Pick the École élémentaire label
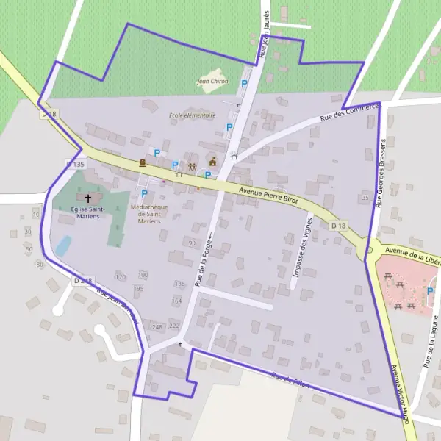click(x=192, y=115)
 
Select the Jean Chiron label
click(x=212, y=82)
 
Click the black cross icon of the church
click(x=89, y=198)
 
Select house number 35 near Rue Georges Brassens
click(x=365, y=198)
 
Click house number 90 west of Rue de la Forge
click(x=192, y=243)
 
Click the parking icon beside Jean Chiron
click(x=244, y=84)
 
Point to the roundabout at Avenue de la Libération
click(x=370, y=250)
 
